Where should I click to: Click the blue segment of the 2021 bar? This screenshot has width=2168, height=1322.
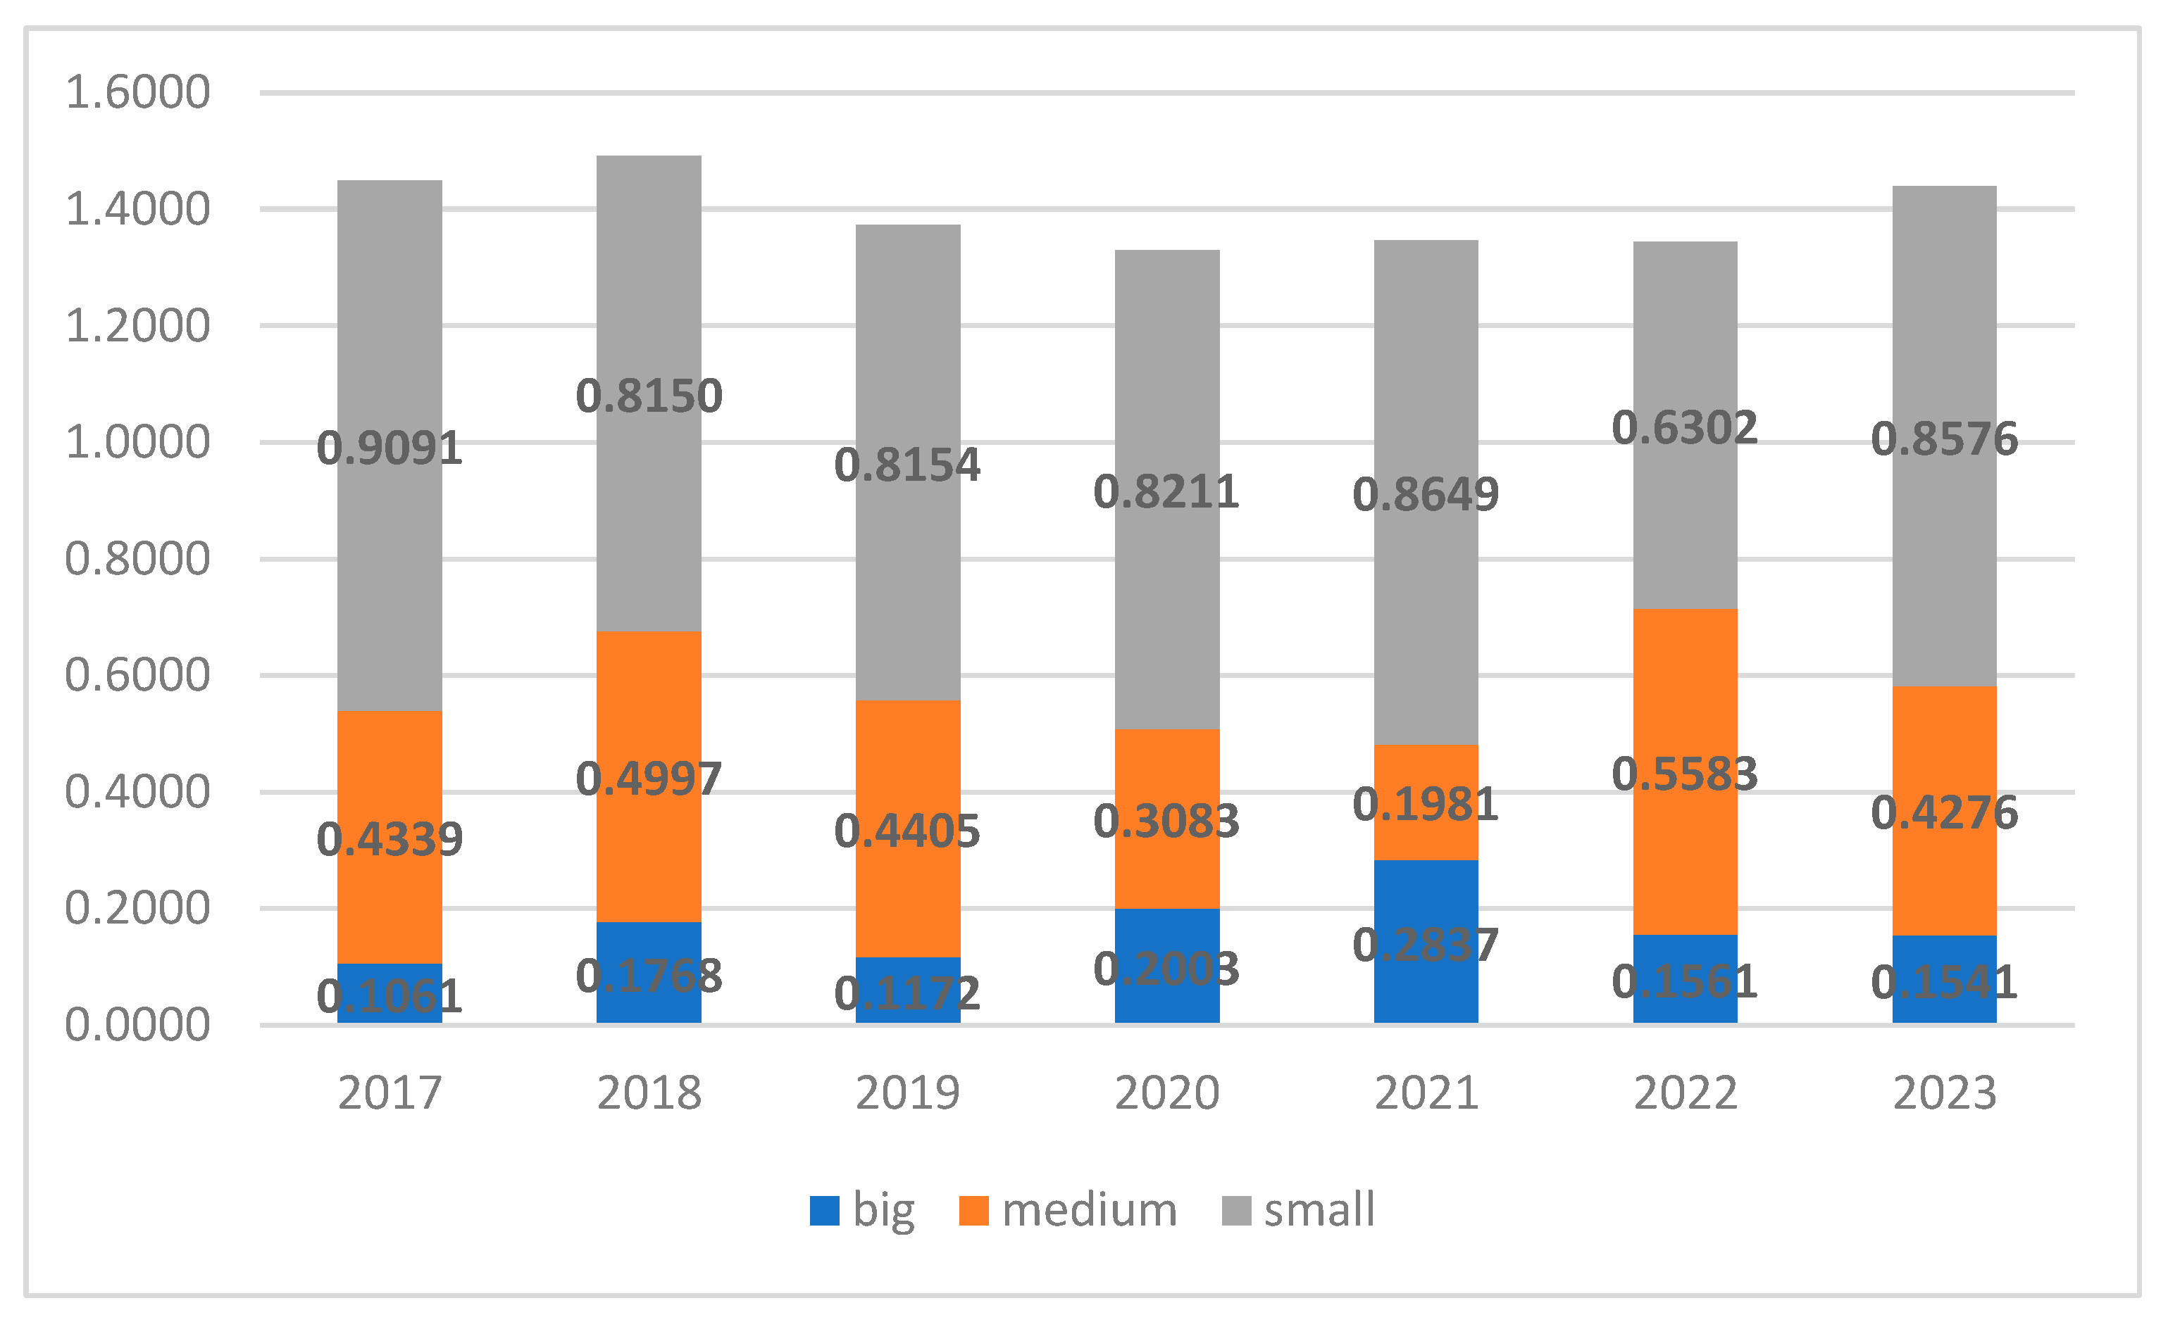coord(1426,941)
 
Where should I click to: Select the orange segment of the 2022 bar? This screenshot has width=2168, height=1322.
coord(1685,772)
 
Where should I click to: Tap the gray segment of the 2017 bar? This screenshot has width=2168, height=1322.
coord(390,445)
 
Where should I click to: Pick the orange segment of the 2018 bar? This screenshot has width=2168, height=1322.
coord(649,776)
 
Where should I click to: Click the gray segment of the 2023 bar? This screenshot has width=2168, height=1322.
coord(1945,436)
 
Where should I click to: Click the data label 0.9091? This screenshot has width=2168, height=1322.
coord(390,448)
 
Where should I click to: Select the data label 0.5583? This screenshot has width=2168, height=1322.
coord(1685,774)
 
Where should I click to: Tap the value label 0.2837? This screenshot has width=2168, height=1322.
coord(1426,945)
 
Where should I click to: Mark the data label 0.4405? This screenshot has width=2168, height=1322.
coord(907,831)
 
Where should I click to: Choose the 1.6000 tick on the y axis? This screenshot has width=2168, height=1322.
coord(138,92)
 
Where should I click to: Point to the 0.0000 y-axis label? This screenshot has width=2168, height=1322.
coord(138,1025)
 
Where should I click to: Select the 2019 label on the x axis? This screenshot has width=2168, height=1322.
coord(907,1093)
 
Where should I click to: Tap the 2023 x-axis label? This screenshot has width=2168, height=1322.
coord(1945,1093)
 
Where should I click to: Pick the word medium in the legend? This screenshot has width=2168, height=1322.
coord(1089,1210)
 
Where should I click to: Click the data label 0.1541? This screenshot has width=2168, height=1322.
coord(1945,983)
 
